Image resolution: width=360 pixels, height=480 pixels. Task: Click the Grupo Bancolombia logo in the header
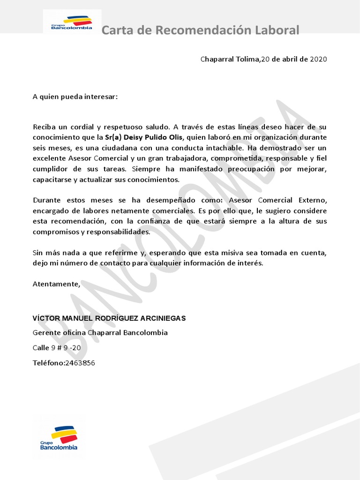pos(72,23)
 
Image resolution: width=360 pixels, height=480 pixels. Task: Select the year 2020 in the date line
pos(318,59)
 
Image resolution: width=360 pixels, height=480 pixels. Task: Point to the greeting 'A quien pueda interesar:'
pos(75,97)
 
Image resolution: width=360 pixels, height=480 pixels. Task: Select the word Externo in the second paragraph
pos(312,200)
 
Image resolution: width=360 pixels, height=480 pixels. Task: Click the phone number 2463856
pos(80,363)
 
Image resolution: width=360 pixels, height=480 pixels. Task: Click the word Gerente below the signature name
pos(46,333)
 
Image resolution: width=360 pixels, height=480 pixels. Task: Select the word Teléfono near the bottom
pos(48,363)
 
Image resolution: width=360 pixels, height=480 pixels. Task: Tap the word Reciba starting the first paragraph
pos(44,127)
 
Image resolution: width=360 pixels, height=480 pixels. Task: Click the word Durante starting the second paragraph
pos(46,200)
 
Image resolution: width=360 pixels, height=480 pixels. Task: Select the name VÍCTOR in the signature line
pos(45,318)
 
